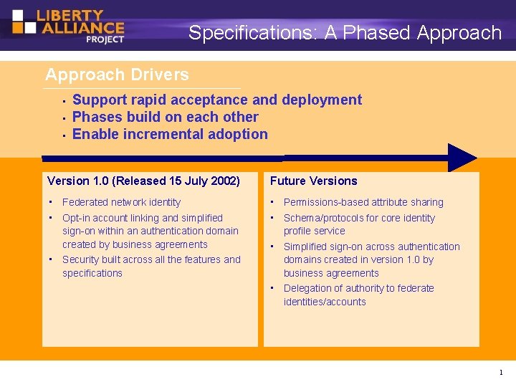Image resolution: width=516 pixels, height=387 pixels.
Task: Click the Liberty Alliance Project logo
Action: (68, 25)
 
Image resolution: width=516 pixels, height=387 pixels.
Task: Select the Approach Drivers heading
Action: (117, 75)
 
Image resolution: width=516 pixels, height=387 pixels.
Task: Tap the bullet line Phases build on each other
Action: (166, 117)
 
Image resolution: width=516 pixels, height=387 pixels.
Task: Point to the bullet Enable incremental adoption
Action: (170, 134)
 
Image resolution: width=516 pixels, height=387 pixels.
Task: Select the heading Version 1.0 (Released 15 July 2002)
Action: (143, 181)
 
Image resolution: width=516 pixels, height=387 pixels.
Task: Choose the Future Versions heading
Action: (313, 181)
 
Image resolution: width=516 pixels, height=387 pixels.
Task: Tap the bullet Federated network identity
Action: (121, 202)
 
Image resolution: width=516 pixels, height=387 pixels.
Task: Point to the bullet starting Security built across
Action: (151, 259)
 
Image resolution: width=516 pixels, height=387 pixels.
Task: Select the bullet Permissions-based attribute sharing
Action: (363, 202)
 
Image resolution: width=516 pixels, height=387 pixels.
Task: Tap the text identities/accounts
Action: (325, 302)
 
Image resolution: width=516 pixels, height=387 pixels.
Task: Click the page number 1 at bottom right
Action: (500, 373)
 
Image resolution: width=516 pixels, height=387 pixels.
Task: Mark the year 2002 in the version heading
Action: (224, 181)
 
